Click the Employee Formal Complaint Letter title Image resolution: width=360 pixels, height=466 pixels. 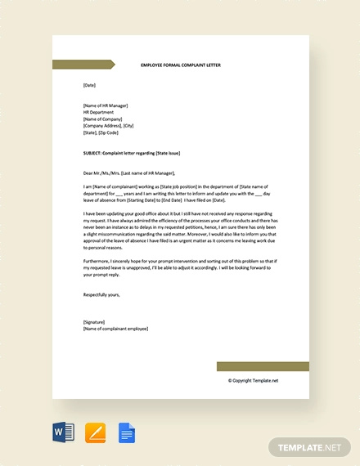(x=181, y=65)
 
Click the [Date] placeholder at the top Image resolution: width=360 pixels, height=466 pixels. (x=90, y=85)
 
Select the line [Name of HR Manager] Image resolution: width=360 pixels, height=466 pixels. (x=106, y=105)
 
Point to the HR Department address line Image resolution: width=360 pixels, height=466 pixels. (x=99, y=112)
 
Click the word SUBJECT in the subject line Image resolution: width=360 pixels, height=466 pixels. (x=92, y=152)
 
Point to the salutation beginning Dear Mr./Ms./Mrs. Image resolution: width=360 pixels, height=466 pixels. (x=129, y=173)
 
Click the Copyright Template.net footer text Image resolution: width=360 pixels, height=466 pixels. (x=253, y=380)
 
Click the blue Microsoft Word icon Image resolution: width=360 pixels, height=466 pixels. (x=63, y=431)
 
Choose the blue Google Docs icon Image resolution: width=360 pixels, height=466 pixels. (x=127, y=431)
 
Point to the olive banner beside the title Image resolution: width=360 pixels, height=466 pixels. (x=83, y=65)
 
